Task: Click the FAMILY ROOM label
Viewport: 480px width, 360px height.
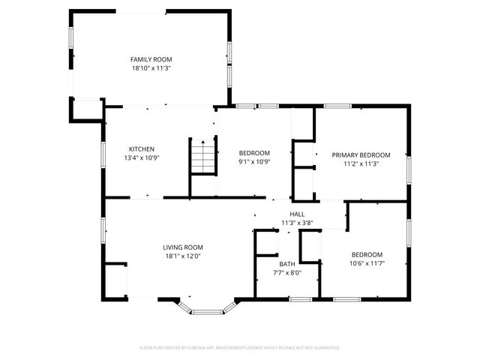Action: (x=151, y=59)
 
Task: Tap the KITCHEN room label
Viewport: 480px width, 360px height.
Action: (x=142, y=148)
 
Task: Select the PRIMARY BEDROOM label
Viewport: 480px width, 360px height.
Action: (x=361, y=154)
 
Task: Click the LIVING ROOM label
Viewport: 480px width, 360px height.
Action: (x=183, y=247)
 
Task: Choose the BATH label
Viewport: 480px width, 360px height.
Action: (x=288, y=264)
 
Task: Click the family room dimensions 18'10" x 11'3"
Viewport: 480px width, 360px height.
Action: (x=151, y=67)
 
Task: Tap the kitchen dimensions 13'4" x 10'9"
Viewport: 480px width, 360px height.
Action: (x=142, y=157)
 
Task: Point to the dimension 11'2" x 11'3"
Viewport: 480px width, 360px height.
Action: (x=361, y=163)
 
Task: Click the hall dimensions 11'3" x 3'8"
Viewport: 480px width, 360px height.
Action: (x=296, y=223)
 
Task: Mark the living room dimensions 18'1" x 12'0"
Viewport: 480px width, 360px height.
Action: (x=183, y=256)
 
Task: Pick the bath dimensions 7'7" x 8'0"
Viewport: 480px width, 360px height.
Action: (x=288, y=273)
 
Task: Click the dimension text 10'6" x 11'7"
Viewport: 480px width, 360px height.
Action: (x=367, y=263)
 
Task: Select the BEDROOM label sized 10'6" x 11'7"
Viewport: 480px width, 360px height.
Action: (x=367, y=254)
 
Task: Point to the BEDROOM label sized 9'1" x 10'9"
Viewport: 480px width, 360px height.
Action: (x=253, y=154)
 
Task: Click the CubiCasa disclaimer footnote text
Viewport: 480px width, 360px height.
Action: (x=240, y=347)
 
